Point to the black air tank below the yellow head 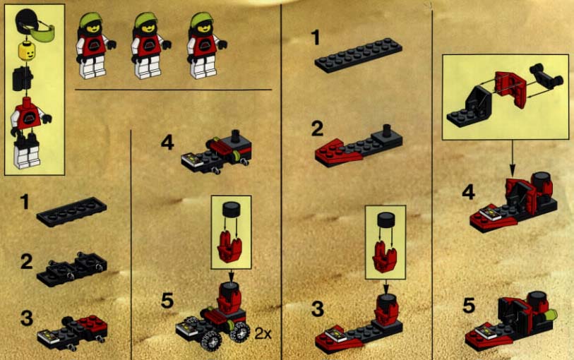(22, 78)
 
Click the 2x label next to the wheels (263, 333)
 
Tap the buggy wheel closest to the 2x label (240, 332)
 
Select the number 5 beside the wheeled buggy (167, 301)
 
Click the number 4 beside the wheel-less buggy (167, 143)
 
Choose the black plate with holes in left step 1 (72, 212)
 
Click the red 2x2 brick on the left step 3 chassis (93, 324)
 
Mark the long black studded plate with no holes (358, 55)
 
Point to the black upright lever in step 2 (385, 131)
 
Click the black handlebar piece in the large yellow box (546, 77)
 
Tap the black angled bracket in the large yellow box (467, 107)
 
